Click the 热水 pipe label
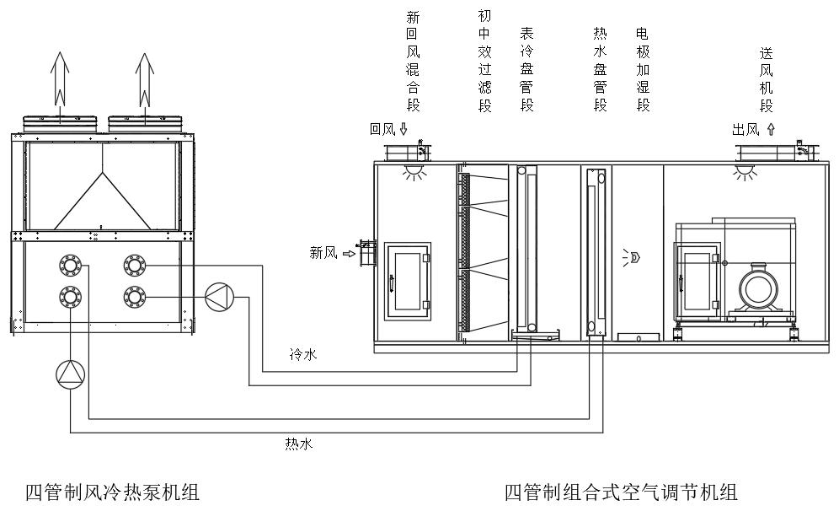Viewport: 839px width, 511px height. coord(299,444)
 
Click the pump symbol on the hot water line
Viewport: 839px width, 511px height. coord(70,374)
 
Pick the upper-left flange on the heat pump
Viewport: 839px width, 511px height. coord(70,266)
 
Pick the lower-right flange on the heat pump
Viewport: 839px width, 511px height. coord(133,296)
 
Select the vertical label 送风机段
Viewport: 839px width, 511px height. coord(766,80)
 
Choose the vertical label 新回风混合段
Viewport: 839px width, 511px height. coord(413,62)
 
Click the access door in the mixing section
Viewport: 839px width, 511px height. coord(408,281)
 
